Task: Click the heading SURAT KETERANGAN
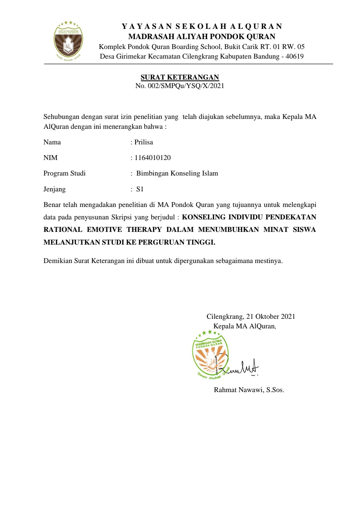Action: point(180,77)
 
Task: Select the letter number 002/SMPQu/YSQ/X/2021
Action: point(186,86)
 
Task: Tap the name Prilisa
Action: point(143,142)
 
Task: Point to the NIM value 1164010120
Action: point(153,158)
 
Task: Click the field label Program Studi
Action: point(64,173)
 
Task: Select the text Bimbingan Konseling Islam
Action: point(177,173)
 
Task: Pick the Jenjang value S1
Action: point(140,189)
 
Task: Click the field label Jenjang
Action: point(54,189)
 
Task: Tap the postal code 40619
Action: point(294,56)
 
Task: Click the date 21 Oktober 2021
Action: point(271,316)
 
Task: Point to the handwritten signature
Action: point(241,367)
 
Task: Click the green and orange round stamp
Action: point(210,355)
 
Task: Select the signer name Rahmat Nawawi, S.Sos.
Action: point(249,390)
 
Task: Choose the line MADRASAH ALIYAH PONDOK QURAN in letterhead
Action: point(202,37)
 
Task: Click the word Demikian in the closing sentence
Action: point(58,261)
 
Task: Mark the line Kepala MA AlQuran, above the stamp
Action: point(245,326)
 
